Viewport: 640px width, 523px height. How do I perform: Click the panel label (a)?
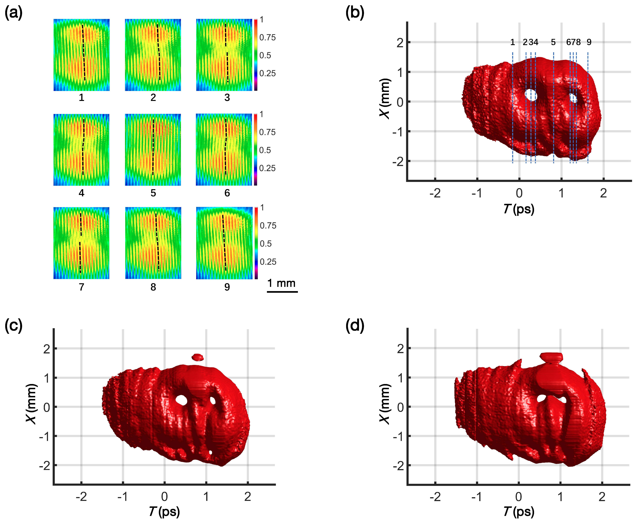pyautogui.click(x=14, y=14)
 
